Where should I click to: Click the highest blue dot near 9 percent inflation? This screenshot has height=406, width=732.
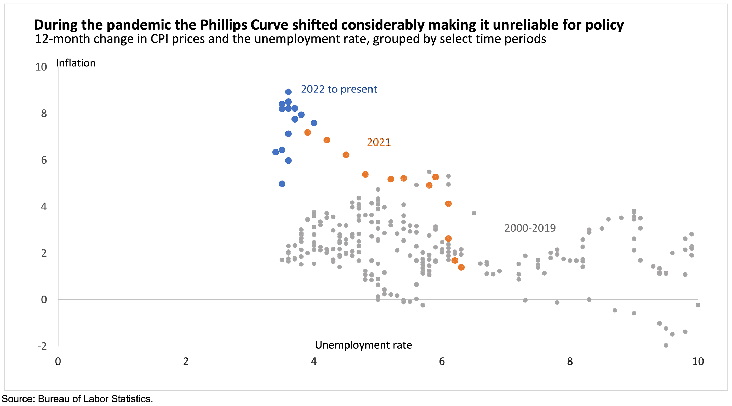[288, 92]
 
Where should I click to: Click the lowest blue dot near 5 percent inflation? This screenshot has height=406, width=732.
[282, 184]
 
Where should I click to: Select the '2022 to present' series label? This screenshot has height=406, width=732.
[339, 89]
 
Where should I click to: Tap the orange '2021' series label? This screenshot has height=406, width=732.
[379, 142]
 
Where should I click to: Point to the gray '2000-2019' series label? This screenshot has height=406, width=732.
[530, 228]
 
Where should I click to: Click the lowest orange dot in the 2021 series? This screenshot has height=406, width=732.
[461, 267]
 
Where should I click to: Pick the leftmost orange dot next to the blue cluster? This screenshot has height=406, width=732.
[307, 132]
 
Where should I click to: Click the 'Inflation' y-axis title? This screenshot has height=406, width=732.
[76, 63]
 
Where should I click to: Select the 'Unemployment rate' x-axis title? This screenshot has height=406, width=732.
[363, 345]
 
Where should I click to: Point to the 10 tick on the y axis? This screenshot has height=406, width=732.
[41, 67]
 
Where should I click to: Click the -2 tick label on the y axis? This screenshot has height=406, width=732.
[42, 346]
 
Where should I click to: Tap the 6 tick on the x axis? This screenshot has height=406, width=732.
[442, 361]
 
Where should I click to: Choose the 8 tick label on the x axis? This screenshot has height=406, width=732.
[570, 361]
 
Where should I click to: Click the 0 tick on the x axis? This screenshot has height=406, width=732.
[58, 361]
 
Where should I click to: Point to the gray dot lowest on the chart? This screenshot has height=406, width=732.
[666, 345]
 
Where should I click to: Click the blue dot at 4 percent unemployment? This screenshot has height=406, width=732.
[314, 123]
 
